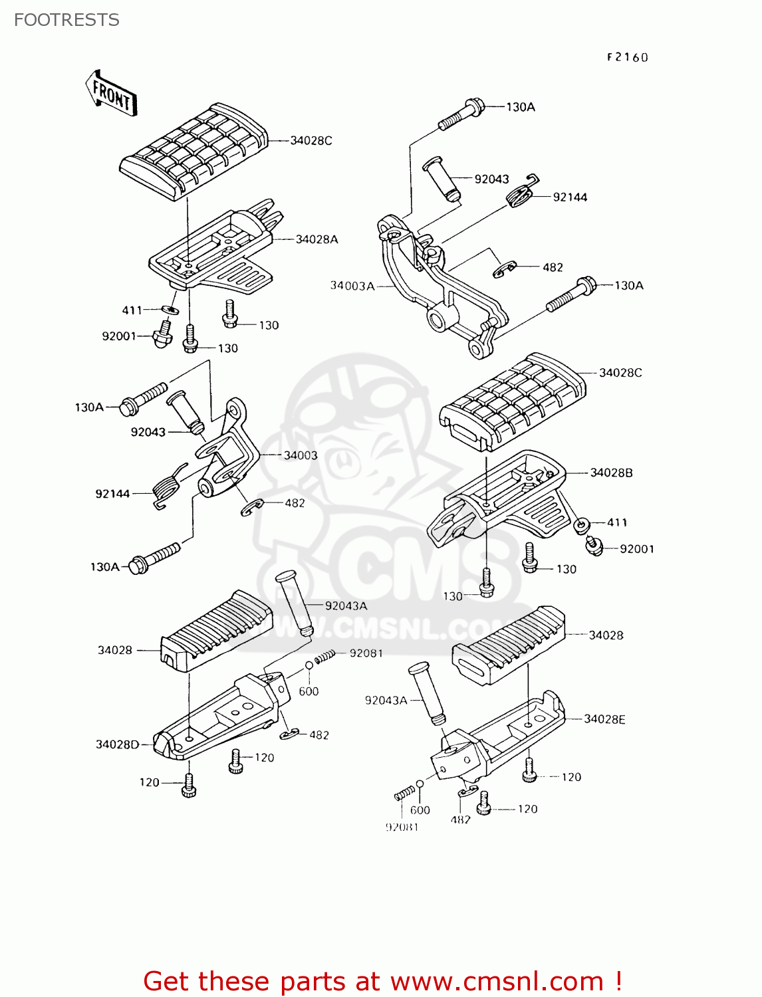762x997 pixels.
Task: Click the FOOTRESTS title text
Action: click(66, 20)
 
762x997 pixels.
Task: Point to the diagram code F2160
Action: click(626, 57)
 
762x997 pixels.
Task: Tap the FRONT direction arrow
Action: click(111, 94)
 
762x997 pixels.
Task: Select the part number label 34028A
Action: click(317, 239)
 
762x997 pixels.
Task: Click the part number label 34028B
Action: click(611, 473)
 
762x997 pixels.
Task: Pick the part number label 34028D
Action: click(118, 744)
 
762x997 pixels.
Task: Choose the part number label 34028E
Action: click(604, 719)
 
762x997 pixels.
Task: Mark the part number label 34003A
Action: click(352, 286)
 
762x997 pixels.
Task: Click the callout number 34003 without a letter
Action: click(301, 455)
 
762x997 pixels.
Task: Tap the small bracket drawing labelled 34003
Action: click(226, 452)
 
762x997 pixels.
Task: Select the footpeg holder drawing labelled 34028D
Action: click(219, 718)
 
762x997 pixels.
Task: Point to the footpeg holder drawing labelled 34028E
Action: click(499, 738)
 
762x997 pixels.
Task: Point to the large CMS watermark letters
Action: click(426, 565)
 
